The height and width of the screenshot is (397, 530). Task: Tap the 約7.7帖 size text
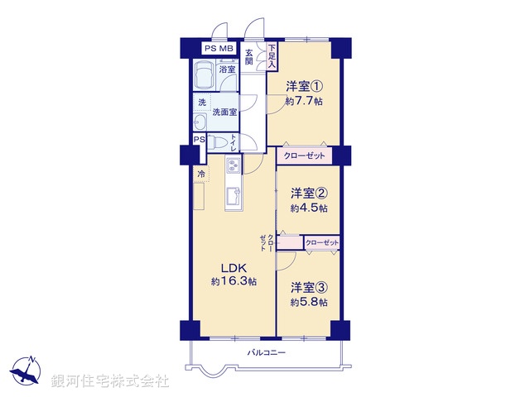pyautogui.click(x=303, y=101)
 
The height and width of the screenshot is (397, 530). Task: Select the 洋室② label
pyautogui.click(x=308, y=194)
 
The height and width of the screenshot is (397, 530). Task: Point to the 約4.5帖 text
pyautogui.click(x=308, y=208)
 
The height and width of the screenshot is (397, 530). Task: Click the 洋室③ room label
pyautogui.click(x=308, y=288)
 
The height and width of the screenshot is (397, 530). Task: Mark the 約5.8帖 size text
pyautogui.click(x=308, y=303)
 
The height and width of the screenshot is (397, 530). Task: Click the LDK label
pyautogui.click(x=233, y=267)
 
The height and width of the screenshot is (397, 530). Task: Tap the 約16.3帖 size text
pyautogui.click(x=233, y=282)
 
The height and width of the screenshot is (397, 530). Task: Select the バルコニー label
pyautogui.click(x=266, y=353)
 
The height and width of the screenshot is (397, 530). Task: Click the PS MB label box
pyautogui.click(x=214, y=50)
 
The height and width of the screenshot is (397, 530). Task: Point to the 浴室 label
pyautogui.click(x=226, y=69)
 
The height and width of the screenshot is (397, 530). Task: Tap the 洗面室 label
pyautogui.click(x=224, y=112)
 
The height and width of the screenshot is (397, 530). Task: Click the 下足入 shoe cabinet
pyautogui.click(x=272, y=55)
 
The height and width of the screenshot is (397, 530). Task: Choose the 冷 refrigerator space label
pyautogui.click(x=200, y=175)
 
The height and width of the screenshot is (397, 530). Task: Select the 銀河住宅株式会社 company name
pyautogui.click(x=109, y=381)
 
